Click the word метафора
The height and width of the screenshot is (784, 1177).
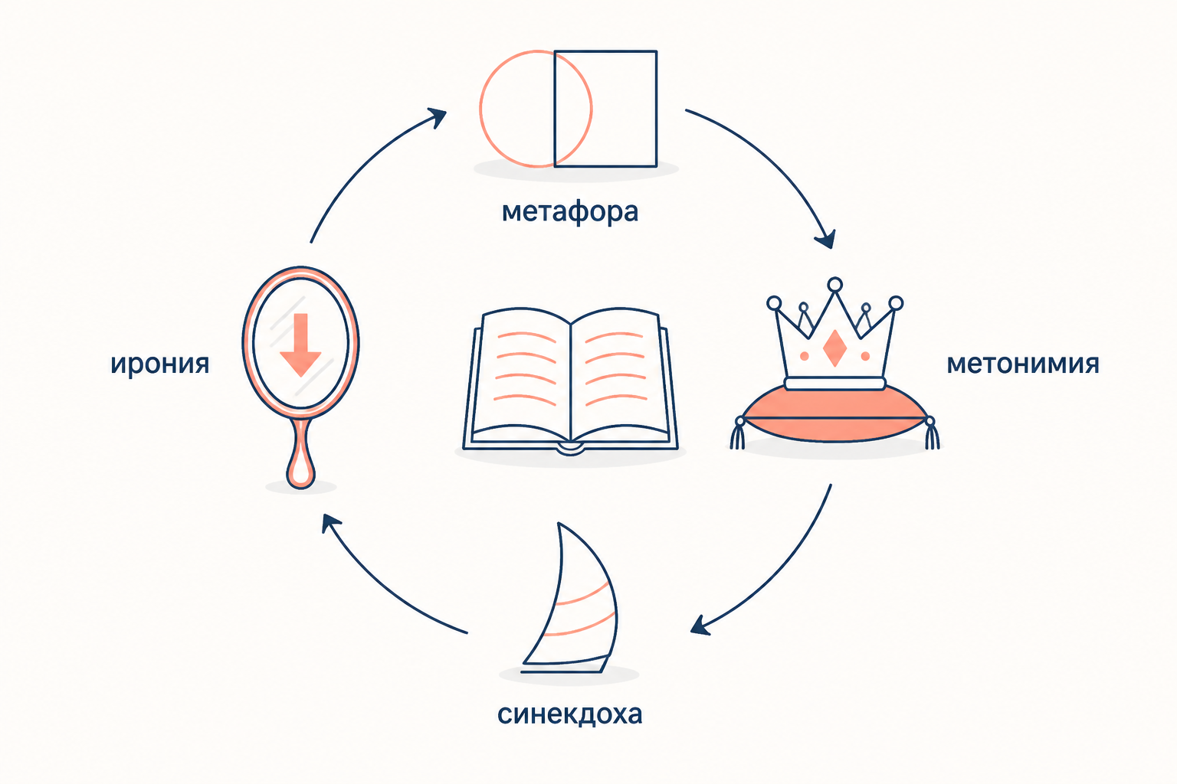click(570, 212)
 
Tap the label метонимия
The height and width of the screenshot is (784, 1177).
click(1022, 364)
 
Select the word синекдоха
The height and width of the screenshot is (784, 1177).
click(569, 714)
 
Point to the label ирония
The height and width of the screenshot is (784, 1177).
click(159, 364)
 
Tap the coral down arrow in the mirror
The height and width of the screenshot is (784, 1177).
click(300, 345)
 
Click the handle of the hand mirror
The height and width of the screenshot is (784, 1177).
click(300, 454)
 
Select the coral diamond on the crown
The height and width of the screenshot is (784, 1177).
click(834, 348)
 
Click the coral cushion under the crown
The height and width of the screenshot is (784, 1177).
click(834, 415)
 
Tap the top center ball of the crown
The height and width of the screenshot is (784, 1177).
click(834, 285)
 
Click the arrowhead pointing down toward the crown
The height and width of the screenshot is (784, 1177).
click(826, 240)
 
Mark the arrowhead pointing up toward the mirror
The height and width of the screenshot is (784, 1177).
click(330, 523)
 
